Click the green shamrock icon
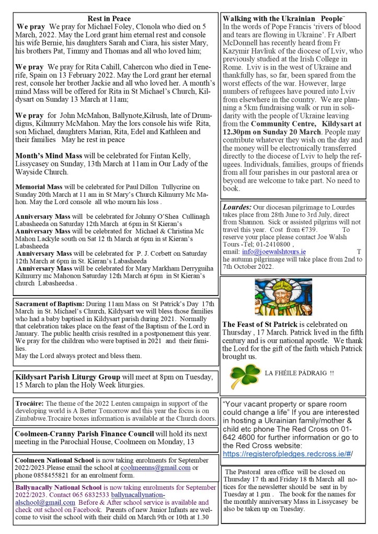coord(244,373)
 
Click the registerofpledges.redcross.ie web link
coord(287,454)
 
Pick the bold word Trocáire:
coord(29,403)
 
